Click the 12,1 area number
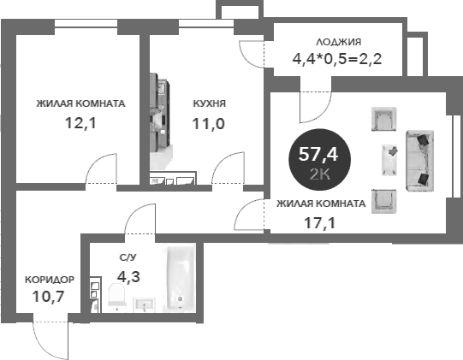click(80, 123)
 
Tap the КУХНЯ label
click(210, 103)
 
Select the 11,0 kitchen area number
click(209, 124)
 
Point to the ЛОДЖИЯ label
click(338, 42)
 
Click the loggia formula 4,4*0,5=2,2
click(337, 59)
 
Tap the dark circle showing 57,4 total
click(319, 160)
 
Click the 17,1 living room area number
click(320, 223)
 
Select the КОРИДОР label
click(50, 280)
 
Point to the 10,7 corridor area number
click(48, 296)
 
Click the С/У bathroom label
click(128, 257)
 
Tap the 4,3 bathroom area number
click(128, 277)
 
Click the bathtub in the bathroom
click(180, 277)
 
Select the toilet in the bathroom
click(117, 296)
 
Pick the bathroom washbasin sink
click(144, 304)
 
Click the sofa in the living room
click(419, 161)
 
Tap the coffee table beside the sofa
click(389, 160)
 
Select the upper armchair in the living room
click(383, 119)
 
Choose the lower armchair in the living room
click(383, 201)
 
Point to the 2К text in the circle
click(319, 175)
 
